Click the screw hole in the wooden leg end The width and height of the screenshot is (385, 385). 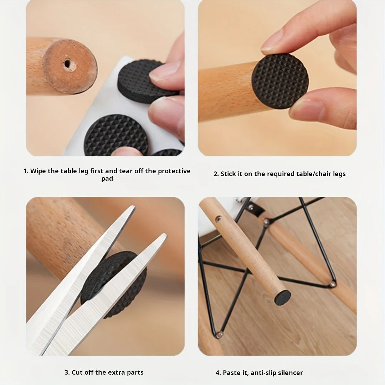click(x=67, y=64)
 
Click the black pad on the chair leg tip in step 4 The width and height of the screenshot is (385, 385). click(x=282, y=297)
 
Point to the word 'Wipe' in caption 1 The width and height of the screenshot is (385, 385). click(x=38, y=171)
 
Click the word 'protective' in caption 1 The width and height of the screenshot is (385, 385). click(x=174, y=171)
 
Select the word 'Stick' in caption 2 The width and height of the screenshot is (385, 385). click(x=229, y=174)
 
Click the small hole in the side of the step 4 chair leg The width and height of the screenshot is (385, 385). click(x=218, y=218)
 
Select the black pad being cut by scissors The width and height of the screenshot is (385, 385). click(x=114, y=284)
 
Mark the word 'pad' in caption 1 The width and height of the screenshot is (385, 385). click(x=107, y=179)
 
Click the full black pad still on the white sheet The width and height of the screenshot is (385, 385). click(x=116, y=135)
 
